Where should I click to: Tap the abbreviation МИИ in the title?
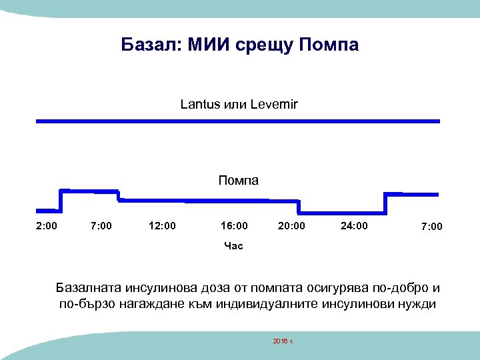pyautogui.click(x=212, y=45)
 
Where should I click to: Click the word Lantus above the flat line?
pyautogui.click(x=198, y=104)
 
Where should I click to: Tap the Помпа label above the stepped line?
pyautogui.click(x=239, y=180)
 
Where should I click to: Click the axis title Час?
pyautogui.click(x=234, y=246)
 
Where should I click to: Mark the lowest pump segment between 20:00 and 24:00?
pyautogui.click(x=342, y=213)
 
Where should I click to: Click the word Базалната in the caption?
pyautogui.click(x=98, y=289)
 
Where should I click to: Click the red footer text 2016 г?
pyautogui.click(x=283, y=341)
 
